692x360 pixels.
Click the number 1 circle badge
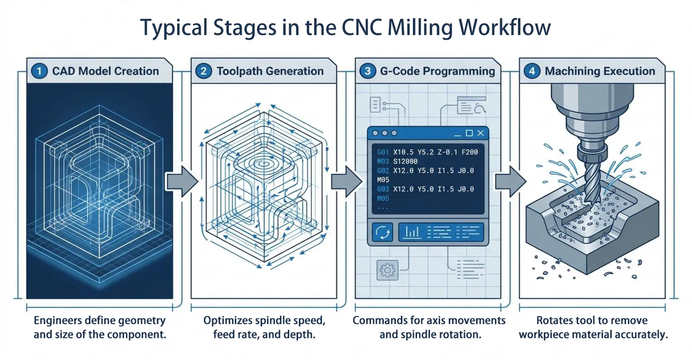tap(39, 71)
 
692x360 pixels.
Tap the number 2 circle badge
tap(203, 71)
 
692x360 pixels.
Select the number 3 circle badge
tap(368, 71)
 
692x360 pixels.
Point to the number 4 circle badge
tap(532, 71)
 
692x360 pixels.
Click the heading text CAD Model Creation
tap(105, 71)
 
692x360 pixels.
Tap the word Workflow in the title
tap(505, 28)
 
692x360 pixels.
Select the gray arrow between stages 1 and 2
tap(182, 182)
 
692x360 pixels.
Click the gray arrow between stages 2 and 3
tap(346, 182)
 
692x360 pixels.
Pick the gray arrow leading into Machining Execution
tap(511, 182)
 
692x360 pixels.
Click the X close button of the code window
tap(480, 133)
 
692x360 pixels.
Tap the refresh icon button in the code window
tap(382, 232)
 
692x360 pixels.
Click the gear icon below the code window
tap(388, 270)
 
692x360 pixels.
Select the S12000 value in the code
tap(406, 161)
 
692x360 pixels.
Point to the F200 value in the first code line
tap(470, 152)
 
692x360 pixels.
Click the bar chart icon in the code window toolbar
tap(412, 232)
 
